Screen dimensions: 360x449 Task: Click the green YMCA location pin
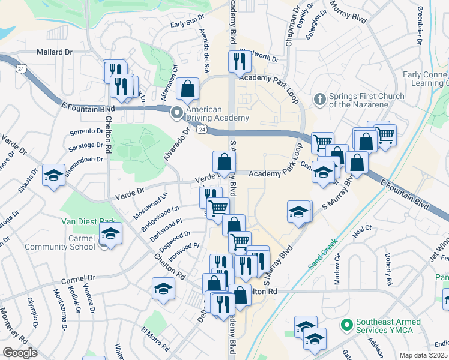pyautogui.click(x=346, y=326)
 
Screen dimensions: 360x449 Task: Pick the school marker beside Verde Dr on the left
pyautogui.click(x=54, y=175)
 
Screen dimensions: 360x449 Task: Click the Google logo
pyautogui.click(x=20, y=353)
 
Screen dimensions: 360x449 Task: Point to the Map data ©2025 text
pyautogui.click(x=424, y=355)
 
